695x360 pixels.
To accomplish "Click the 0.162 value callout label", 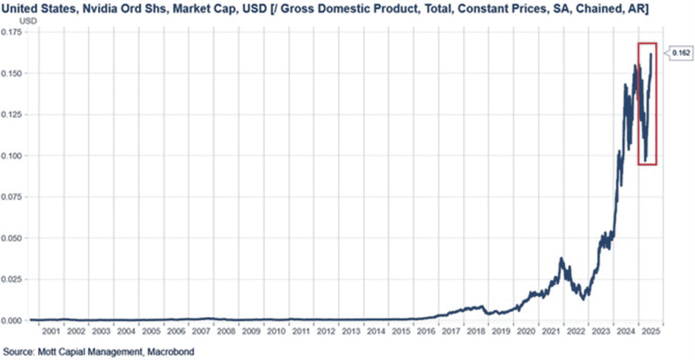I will [x=678, y=52].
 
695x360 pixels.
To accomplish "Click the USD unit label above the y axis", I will [x=26, y=21].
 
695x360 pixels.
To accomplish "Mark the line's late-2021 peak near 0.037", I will [x=561, y=258].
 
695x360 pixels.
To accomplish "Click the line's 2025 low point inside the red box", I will [x=645, y=160].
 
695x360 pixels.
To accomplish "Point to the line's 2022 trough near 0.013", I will [x=584, y=299].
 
